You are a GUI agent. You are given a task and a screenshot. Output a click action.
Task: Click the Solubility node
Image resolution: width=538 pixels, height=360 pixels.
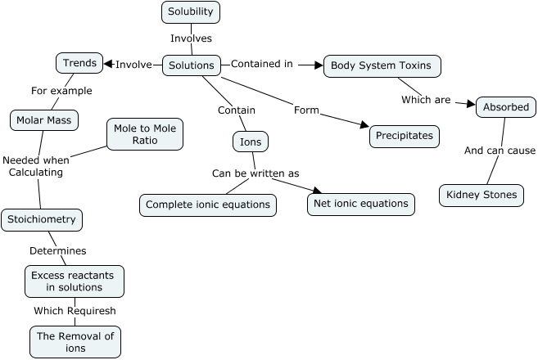pos(191,12)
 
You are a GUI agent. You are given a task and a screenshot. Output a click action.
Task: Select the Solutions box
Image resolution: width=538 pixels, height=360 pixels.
pos(191,65)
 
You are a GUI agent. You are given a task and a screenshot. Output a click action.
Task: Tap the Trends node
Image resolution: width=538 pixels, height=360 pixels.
pos(79,62)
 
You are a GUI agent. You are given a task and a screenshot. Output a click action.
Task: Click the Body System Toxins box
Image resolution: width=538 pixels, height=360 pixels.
pos(382,65)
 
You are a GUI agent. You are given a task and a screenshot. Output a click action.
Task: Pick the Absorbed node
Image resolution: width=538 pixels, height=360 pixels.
pos(506,107)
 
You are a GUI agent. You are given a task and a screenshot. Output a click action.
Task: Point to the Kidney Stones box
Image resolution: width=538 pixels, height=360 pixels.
pos(481,196)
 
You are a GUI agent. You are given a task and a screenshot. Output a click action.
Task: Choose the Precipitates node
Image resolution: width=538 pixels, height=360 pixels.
pos(405,136)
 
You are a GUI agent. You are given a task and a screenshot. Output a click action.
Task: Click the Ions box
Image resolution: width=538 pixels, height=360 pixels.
pos(251,142)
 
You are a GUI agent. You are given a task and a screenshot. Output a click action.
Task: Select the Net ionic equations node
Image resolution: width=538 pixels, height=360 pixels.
pos(361,204)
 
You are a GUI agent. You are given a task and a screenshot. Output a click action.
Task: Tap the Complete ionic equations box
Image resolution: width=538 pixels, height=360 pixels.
pos(208,205)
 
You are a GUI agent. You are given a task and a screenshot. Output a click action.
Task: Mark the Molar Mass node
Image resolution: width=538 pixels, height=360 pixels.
pos(44,121)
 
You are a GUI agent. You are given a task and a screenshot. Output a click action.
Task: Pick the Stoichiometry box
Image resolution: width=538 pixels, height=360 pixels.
pos(42,219)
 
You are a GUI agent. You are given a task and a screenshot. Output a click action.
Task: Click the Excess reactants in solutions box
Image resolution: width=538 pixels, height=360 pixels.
pos(75,281)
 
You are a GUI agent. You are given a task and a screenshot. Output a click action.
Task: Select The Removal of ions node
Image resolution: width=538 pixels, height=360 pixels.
pos(75,342)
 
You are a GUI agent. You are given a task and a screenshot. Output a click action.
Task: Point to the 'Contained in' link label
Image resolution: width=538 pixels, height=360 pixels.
pos(261,64)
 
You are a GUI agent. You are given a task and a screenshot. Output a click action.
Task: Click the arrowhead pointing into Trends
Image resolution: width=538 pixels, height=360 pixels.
pos(108,64)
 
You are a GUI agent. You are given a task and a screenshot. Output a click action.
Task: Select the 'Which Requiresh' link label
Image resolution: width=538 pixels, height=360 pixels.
pos(75,311)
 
